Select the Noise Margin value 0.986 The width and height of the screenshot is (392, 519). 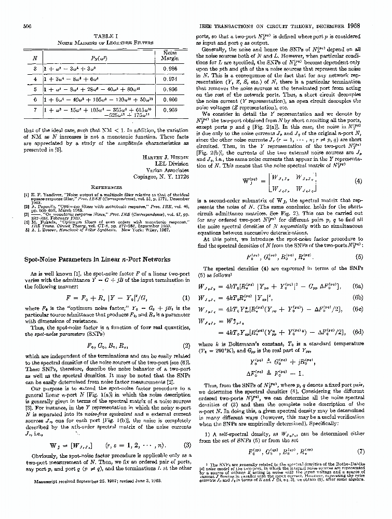(170, 68)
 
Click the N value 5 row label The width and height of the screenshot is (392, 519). (35, 89)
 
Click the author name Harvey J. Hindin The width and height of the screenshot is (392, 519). (164, 157)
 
